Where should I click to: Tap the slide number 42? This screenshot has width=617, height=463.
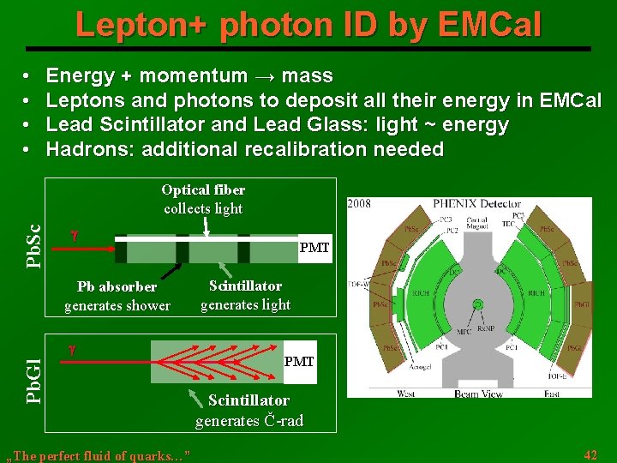tap(590, 454)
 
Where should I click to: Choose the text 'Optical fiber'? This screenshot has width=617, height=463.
tap(203, 189)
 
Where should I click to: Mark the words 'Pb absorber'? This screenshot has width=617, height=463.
tap(117, 286)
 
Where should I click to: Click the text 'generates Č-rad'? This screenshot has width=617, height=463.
tap(249, 421)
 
